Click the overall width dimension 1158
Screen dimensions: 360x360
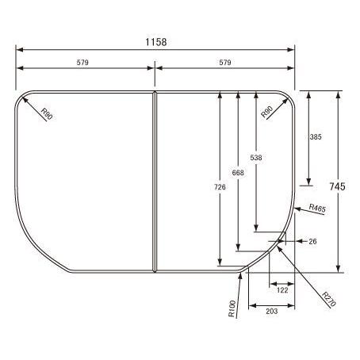[156, 42]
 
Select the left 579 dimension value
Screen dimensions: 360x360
[82, 63]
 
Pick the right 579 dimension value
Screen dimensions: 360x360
[225, 63]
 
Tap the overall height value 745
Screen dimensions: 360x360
[337, 186]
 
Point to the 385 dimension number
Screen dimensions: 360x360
[316, 137]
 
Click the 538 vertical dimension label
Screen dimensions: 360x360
[256, 158]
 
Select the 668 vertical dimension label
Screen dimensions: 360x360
[238, 173]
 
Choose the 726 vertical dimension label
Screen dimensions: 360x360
[220, 187]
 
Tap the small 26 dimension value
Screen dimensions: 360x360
[312, 241]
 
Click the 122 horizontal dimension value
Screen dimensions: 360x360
[282, 290]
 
